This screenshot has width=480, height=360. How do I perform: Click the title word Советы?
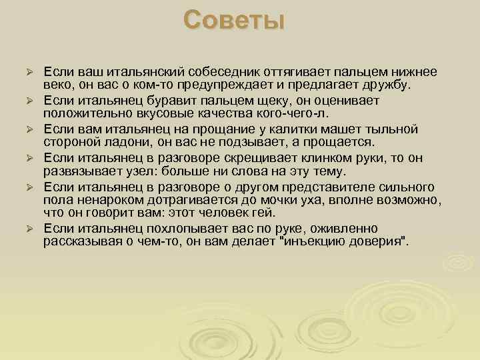pos(235,20)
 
